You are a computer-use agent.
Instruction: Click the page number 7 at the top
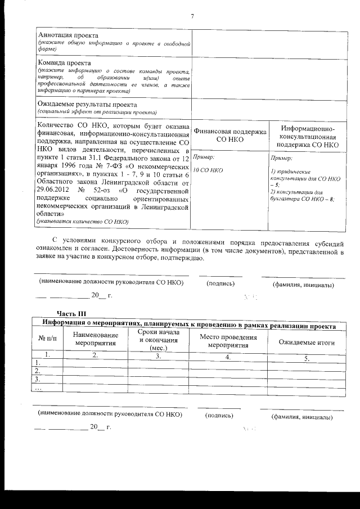[x=191, y=15]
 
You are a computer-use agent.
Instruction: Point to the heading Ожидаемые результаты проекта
[x=87, y=105]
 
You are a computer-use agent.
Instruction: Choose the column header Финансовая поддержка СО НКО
[x=229, y=135]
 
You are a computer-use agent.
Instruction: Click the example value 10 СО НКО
[x=208, y=169]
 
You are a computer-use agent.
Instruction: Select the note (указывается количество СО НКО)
[x=83, y=222]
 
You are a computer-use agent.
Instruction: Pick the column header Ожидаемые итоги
[x=307, y=342]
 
